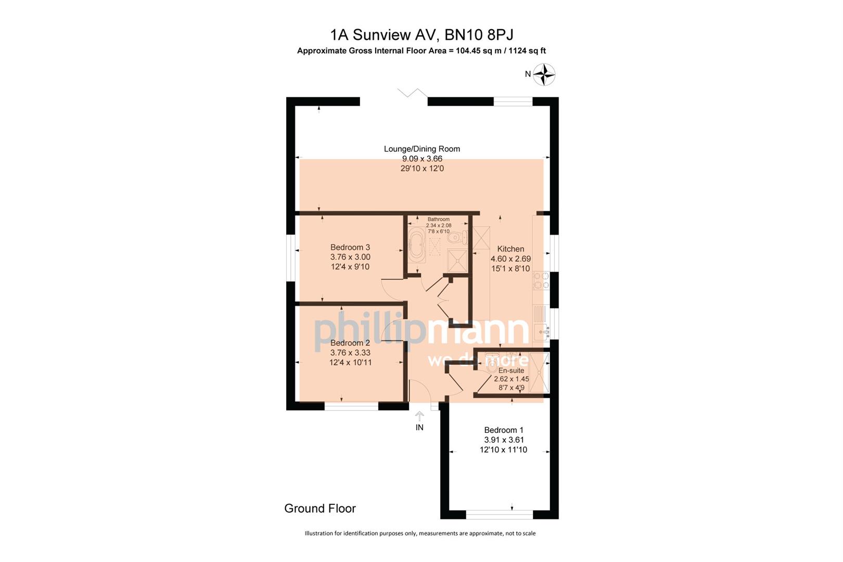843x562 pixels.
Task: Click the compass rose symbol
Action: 544,74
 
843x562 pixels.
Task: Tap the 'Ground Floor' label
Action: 320,508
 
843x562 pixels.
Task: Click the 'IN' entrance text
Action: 419,427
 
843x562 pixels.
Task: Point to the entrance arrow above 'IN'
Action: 419,416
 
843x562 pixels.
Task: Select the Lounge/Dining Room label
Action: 422,149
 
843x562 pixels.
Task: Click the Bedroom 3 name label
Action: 350,247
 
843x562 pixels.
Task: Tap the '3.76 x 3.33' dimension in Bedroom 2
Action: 350,352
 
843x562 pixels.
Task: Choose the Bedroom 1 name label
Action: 504,430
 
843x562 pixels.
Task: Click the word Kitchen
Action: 510,249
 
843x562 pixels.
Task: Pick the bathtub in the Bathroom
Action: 416,245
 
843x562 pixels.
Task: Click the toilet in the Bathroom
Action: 456,238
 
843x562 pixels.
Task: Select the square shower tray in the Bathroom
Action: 457,260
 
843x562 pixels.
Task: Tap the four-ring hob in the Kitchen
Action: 541,280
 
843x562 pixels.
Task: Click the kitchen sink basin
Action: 540,331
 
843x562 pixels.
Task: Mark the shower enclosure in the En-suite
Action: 540,373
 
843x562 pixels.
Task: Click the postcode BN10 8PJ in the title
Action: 479,35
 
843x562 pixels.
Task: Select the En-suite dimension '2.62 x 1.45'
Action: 512,379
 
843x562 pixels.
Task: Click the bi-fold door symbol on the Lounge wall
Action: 412,94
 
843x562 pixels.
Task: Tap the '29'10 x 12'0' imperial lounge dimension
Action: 422,169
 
